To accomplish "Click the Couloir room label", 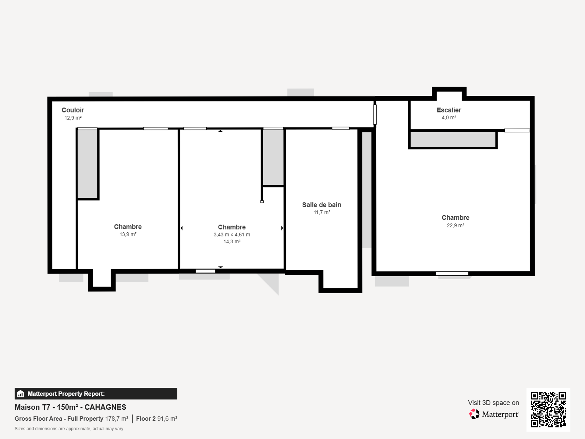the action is pyautogui.click(x=73, y=110).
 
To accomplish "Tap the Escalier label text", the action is pyautogui.click(x=449, y=110).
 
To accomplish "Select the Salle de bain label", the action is pyautogui.click(x=322, y=205).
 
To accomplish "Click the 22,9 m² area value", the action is pyautogui.click(x=456, y=226).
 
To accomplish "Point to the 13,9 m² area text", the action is pyautogui.click(x=128, y=234).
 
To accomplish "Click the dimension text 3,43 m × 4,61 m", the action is pyautogui.click(x=232, y=235).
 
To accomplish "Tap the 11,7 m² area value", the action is pyautogui.click(x=322, y=212).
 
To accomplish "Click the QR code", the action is pyautogui.click(x=548, y=409).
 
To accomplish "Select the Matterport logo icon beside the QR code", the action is pyautogui.click(x=474, y=414).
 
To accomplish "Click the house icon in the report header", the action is pyautogui.click(x=20, y=394).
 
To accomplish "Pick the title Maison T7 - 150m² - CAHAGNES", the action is pyautogui.click(x=70, y=407).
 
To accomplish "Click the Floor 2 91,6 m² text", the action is pyautogui.click(x=157, y=419).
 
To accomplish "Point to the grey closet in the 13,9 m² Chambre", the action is pyautogui.click(x=87, y=164).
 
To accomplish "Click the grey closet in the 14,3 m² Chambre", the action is pyautogui.click(x=273, y=157).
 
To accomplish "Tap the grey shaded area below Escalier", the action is pyautogui.click(x=453, y=139).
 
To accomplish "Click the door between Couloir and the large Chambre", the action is pyautogui.click(x=375, y=114).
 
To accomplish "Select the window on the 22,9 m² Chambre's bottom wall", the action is pyautogui.click(x=452, y=274).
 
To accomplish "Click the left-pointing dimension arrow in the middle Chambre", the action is pyautogui.click(x=182, y=228).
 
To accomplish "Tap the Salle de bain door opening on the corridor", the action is pyautogui.click(x=341, y=128).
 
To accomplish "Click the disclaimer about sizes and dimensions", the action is pyautogui.click(x=69, y=429).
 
